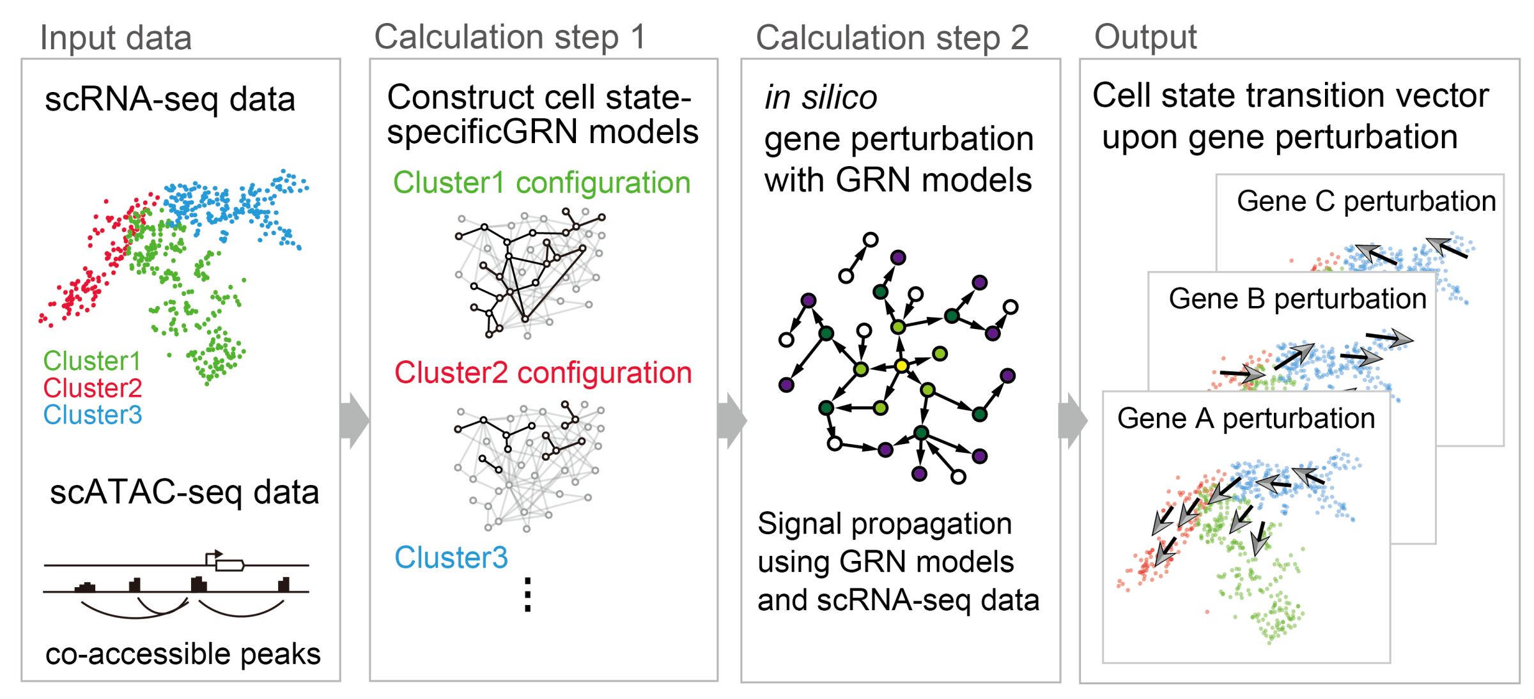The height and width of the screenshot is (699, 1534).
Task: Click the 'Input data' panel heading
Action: click(116, 38)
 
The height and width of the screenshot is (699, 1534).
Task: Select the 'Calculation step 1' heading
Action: click(510, 37)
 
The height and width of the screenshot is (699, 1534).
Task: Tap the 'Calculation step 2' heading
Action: click(892, 38)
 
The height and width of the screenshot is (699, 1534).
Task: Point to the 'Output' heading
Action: click(1145, 37)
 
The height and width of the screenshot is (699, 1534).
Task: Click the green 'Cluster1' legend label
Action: click(91, 361)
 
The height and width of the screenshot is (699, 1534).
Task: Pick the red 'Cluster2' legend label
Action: click(92, 388)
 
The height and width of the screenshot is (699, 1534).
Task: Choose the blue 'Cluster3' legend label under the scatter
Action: click(92, 415)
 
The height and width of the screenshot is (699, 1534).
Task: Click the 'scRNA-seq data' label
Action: click(170, 100)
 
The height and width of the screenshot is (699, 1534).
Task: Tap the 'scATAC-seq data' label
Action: click(184, 493)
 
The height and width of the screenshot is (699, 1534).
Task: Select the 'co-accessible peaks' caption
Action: click(183, 654)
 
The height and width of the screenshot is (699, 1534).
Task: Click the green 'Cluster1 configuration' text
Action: click(541, 183)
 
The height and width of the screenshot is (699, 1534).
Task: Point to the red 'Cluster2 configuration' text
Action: click(543, 373)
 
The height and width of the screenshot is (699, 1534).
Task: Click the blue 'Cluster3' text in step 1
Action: click(451, 558)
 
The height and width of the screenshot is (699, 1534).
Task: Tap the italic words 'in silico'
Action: click(821, 98)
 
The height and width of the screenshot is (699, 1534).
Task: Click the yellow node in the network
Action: click(901, 366)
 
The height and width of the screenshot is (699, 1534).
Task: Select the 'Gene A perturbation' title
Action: click(1246, 419)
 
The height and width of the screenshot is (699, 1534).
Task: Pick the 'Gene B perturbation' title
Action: click(1298, 298)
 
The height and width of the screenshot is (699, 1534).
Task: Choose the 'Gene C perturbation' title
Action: click(1366, 201)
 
